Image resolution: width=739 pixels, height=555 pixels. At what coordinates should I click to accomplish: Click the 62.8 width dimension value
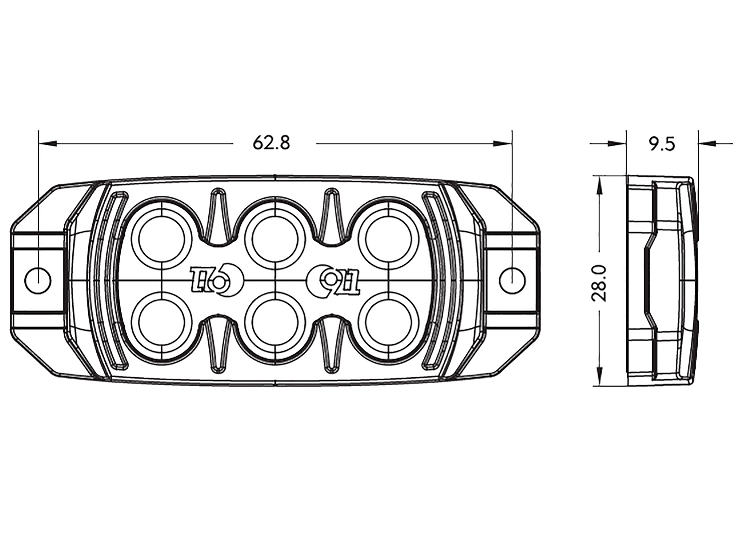click(271, 143)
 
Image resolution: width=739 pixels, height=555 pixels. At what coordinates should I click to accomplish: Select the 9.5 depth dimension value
click(662, 144)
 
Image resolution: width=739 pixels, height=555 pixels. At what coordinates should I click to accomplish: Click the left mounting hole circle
click(38, 281)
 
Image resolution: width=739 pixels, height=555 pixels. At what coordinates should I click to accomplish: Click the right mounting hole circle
click(512, 281)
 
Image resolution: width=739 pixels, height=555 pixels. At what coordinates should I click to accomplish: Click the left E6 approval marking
click(216, 281)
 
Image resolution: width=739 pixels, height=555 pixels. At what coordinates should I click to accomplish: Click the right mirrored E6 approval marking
click(334, 281)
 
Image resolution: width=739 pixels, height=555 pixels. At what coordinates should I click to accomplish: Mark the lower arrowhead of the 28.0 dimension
click(599, 376)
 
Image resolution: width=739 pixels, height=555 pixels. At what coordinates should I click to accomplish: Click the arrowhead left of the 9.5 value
click(617, 144)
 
